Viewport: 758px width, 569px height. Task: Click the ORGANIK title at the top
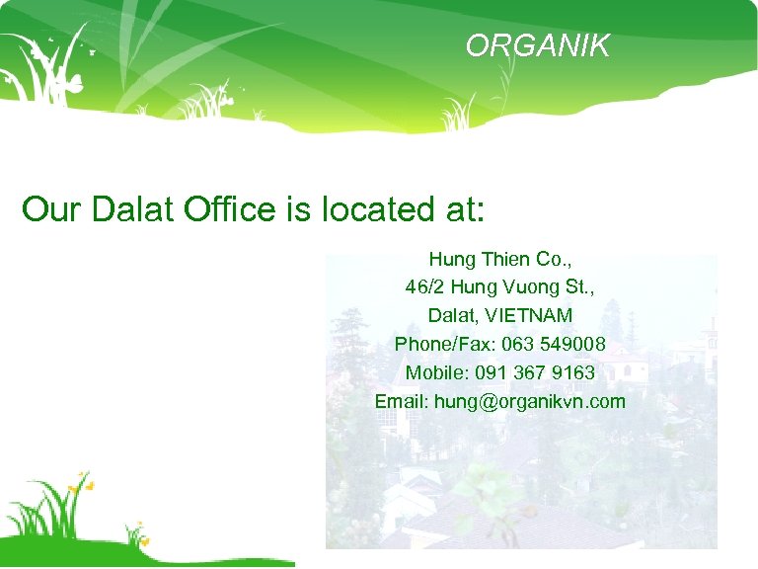[x=538, y=45]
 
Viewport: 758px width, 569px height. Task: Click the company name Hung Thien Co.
[x=499, y=260]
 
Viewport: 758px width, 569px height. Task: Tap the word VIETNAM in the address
[x=537, y=316]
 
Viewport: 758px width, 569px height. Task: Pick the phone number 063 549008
[x=554, y=345]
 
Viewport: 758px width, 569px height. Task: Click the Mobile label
[x=435, y=372]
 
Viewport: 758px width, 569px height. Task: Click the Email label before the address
[x=401, y=401]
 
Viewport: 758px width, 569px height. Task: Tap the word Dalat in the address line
[x=450, y=316]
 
